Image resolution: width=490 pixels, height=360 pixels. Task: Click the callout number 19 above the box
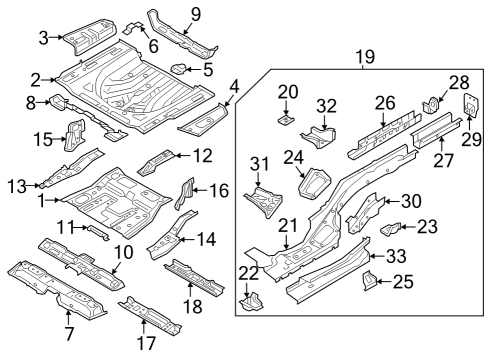tap(365, 57)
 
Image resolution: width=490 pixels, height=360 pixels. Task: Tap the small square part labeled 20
tap(286, 119)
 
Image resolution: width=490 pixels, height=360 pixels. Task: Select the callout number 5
tap(208, 70)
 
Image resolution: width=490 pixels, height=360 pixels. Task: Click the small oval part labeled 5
tap(179, 69)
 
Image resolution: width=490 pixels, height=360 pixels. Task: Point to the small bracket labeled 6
tap(134, 28)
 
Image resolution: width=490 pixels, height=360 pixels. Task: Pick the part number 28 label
tap(459, 82)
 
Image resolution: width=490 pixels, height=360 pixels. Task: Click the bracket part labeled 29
tap(471, 105)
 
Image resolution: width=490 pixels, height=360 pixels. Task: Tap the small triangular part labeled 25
tap(370, 280)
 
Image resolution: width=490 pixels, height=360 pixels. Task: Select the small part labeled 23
tap(391, 229)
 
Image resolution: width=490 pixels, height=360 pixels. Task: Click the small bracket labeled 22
tap(252, 302)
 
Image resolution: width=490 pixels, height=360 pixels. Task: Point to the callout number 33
tap(396, 256)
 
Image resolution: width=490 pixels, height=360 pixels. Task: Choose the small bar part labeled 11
tap(98, 232)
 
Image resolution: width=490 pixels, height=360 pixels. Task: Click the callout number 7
tap(69, 334)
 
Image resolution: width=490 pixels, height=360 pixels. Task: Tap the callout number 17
tap(147, 343)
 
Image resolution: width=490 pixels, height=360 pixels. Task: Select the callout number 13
tap(17, 186)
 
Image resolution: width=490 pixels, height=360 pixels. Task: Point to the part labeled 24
tap(314, 184)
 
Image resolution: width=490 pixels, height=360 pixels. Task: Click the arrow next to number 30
tap(392, 201)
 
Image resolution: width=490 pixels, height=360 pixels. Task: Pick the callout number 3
tap(44, 38)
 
